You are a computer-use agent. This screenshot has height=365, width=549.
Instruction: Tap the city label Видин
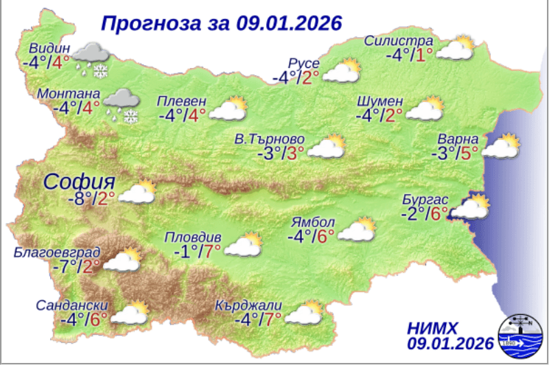click(50, 49)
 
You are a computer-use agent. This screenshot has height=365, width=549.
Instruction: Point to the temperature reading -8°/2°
click(92, 199)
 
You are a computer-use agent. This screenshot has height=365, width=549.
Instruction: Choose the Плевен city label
click(181, 99)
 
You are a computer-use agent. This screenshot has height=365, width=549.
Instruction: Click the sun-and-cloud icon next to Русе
click(342, 71)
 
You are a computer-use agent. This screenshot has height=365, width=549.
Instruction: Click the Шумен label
click(380, 101)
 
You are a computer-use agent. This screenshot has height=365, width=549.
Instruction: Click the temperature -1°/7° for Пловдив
click(196, 252)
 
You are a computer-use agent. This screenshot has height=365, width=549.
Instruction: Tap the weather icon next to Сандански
click(130, 312)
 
